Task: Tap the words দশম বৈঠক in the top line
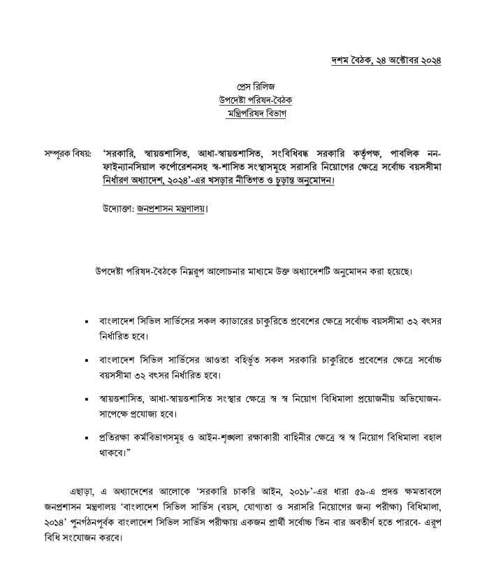[x=351, y=61]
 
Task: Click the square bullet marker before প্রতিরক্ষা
[x=86, y=438]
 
